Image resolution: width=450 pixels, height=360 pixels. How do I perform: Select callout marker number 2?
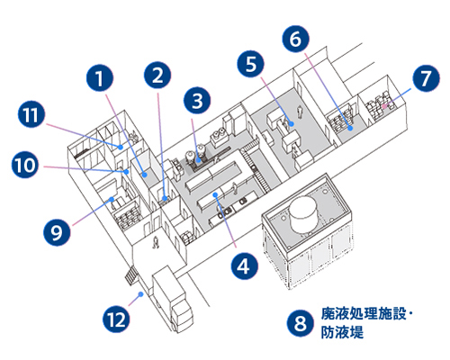tap(157, 76)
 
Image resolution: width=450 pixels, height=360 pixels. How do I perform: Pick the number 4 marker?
tap(241, 265)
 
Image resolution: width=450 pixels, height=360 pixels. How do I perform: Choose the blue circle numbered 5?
tap(252, 64)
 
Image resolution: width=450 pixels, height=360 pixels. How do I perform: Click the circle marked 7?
tap(426, 78)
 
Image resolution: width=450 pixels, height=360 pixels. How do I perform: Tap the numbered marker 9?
tap(57, 231)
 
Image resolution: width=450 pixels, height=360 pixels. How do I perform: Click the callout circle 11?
tap(31, 115)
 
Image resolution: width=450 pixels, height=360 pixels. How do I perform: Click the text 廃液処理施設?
tap(364, 316)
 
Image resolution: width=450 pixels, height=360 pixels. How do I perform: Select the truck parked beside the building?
tap(173, 293)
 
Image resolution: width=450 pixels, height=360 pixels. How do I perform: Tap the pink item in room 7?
tap(384, 106)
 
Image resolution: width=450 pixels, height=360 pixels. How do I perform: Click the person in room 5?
tap(300, 116)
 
